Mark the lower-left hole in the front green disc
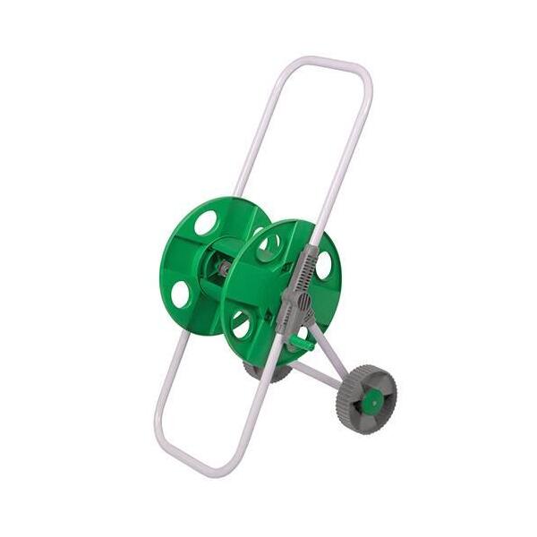point(241,324)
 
